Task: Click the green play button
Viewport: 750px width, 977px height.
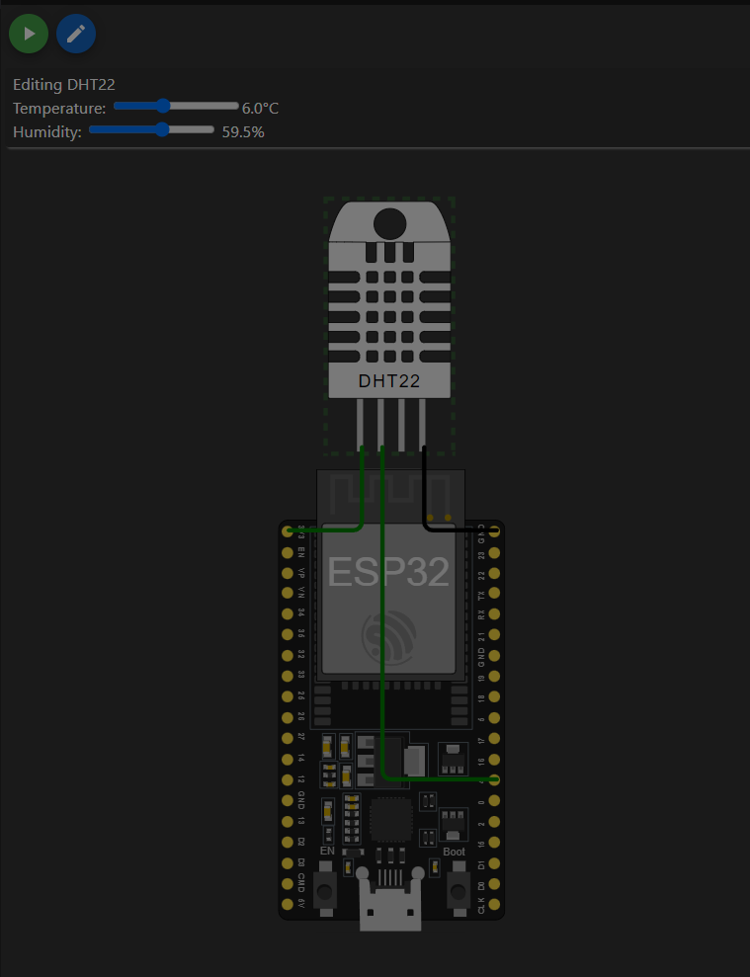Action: click(29, 34)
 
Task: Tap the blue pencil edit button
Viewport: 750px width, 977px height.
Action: click(76, 34)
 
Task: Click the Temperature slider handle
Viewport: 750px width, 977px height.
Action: click(164, 106)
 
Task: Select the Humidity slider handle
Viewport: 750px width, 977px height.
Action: click(162, 128)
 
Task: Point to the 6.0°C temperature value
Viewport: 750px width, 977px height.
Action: click(260, 108)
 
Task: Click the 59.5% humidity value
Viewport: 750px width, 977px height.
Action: click(243, 131)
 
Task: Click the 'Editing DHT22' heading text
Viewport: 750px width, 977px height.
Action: click(64, 85)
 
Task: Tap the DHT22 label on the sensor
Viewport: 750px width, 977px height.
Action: click(388, 380)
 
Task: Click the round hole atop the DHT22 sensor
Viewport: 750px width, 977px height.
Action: click(388, 223)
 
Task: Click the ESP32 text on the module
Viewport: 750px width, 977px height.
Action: click(388, 572)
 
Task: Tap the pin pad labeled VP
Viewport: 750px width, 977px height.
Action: click(288, 573)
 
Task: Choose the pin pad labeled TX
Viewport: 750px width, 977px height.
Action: click(495, 594)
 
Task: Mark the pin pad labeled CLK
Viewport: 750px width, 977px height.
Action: click(495, 904)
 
